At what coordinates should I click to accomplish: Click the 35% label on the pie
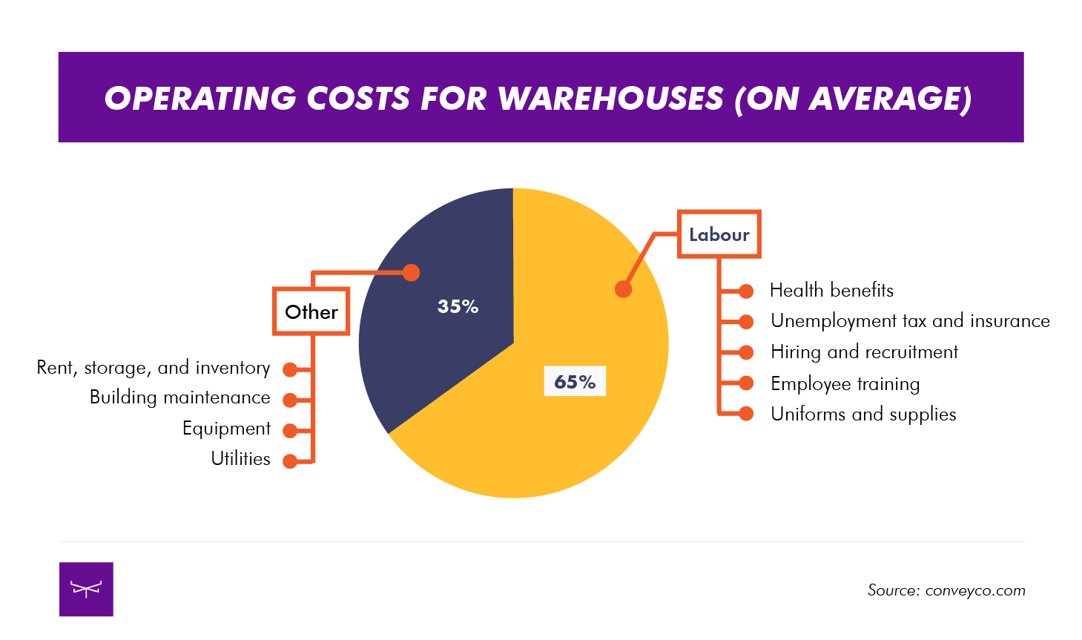point(458,306)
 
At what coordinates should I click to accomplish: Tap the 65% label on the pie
point(575,381)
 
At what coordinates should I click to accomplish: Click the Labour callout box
point(719,234)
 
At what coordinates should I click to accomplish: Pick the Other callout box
point(311,311)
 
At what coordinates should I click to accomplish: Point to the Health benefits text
point(831,290)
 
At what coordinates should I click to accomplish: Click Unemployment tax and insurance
point(910,320)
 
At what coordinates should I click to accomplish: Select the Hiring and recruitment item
point(864,352)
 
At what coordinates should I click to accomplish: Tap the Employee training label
point(845,383)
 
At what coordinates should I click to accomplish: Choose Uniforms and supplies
point(863,414)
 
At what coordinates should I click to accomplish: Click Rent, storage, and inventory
point(154,368)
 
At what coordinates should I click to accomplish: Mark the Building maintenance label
point(179,397)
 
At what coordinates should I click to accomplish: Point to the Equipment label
point(226,429)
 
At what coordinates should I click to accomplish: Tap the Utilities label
point(240,458)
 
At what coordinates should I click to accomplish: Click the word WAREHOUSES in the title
point(610,99)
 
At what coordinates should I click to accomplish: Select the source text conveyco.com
point(974,590)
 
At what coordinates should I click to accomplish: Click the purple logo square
point(86,589)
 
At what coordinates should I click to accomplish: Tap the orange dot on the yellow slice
point(624,289)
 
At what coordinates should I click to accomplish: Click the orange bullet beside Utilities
point(290,461)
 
